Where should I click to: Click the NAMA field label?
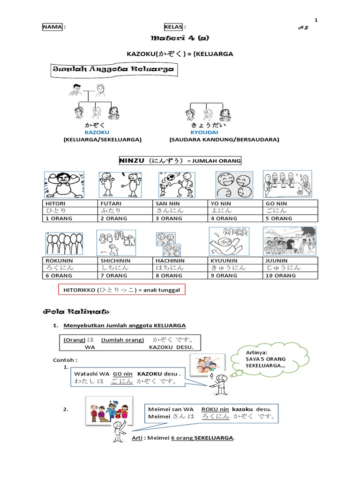point(52,27)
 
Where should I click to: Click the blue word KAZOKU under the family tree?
point(94,133)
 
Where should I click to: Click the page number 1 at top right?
point(316,20)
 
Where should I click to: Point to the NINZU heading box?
point(180,161)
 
